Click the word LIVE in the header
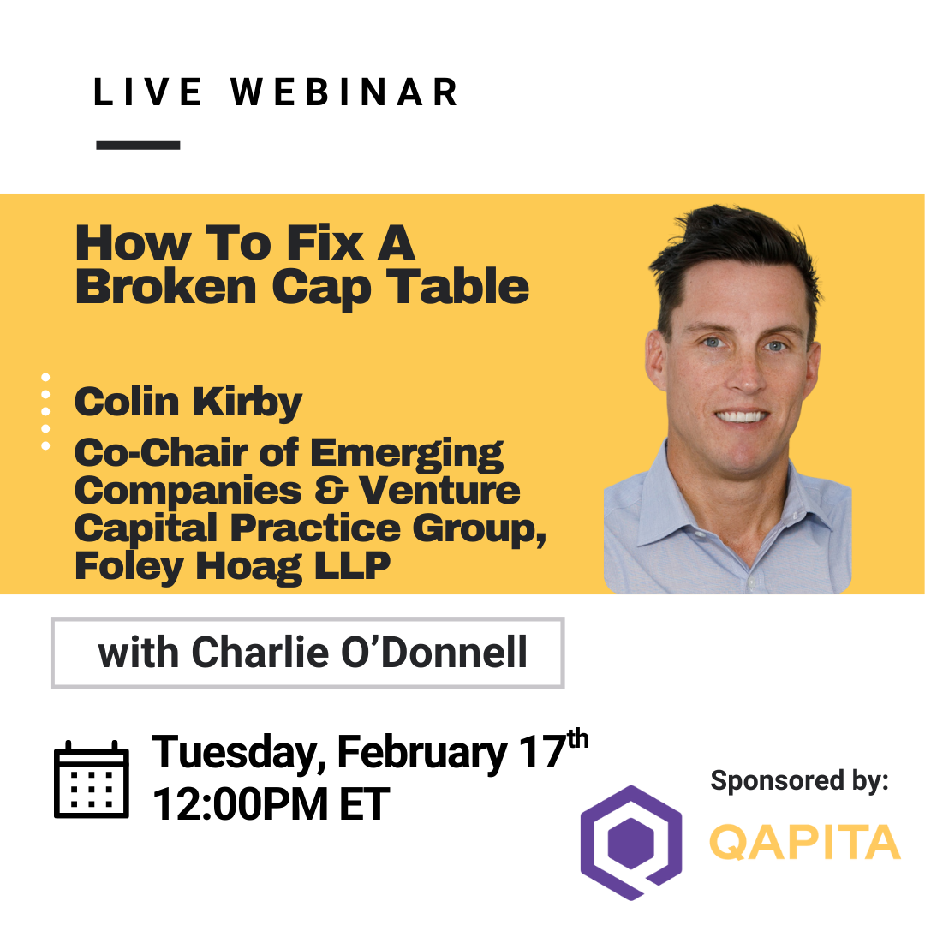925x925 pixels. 148,92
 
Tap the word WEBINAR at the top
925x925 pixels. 345,92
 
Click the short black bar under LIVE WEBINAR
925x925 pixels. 138,146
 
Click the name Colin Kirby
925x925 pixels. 188,402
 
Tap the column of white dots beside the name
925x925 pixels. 45,411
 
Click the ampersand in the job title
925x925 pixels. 331,491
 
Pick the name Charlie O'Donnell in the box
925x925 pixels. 359,653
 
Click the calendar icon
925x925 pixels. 92,780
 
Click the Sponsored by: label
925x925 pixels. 800,780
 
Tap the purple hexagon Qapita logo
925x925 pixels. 631,842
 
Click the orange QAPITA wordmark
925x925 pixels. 804,842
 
